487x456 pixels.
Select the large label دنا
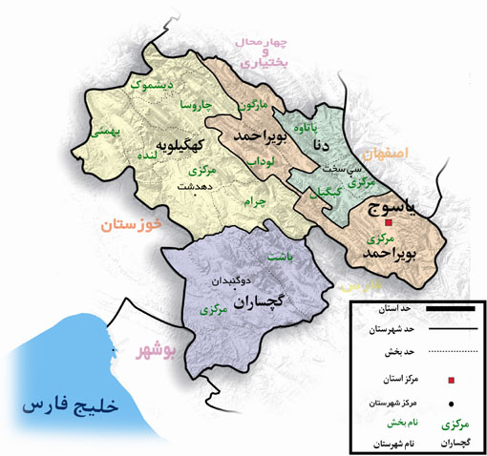pyautogui.click(x=320, y=146)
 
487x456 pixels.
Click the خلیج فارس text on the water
pyautogui.click(x=71, y=404)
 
